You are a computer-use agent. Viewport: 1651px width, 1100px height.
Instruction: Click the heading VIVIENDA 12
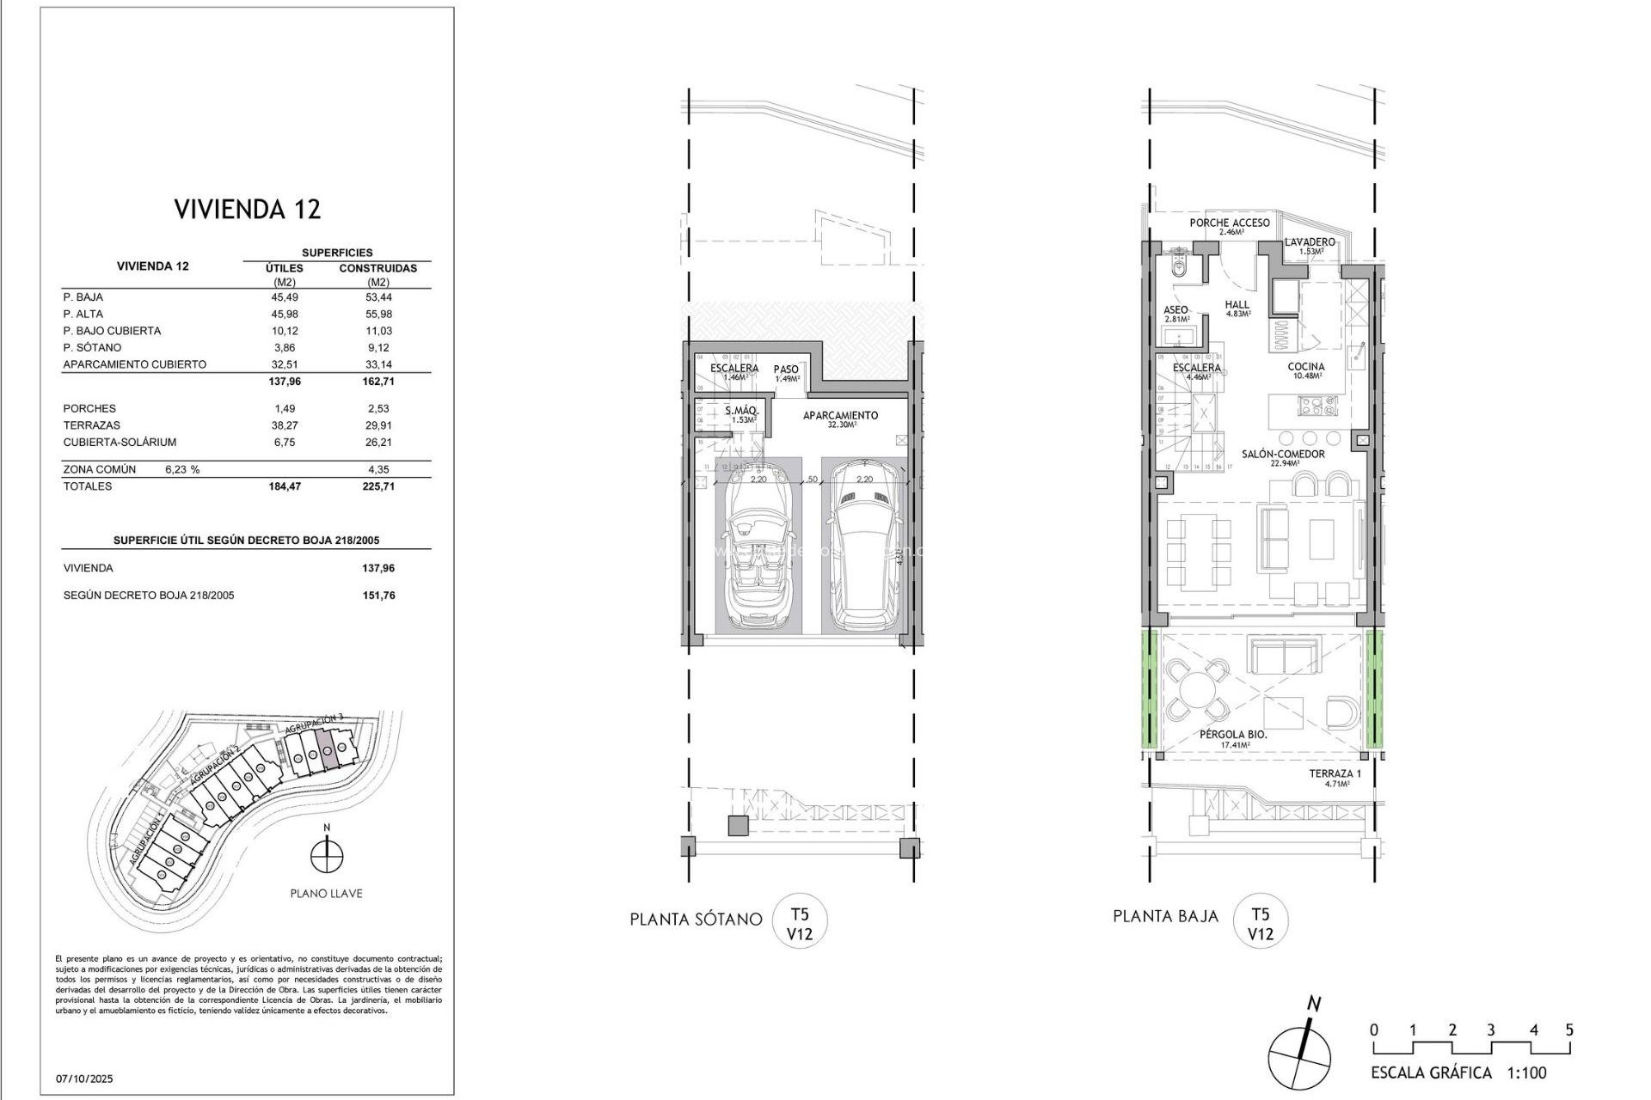[247, 210]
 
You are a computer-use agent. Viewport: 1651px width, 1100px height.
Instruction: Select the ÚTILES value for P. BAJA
[284, 297]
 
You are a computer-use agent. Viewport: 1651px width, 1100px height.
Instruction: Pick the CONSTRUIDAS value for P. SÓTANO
[378, 348]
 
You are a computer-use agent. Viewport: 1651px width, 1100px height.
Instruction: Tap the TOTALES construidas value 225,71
[378, 486]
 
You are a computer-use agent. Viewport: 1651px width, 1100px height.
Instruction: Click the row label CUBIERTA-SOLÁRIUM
[120, 443]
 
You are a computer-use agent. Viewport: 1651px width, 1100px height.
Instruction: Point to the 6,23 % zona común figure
[182, 470]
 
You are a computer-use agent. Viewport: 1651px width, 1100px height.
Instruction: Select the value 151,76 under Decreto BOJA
[378, 596]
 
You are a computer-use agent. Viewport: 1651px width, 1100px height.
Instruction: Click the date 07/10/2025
[84, 1079]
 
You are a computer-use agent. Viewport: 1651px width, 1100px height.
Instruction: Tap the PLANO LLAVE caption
[326, 894]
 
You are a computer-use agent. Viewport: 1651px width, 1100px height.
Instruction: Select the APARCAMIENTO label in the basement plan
[840, 416]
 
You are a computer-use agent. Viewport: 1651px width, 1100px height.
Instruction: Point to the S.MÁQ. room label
[740, 412]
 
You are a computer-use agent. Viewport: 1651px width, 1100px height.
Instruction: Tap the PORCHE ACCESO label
[1229, 223]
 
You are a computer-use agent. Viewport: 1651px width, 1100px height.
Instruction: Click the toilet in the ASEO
[1181, 267]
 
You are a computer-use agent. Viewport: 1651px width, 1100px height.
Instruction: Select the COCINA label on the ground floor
[1305, 367]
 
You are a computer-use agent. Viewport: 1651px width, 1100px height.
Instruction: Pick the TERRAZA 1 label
[1335, 774]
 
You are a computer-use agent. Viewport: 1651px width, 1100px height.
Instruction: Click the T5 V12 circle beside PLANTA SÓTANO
[800, 922]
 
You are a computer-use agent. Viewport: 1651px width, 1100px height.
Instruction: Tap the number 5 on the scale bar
[1569, 1030]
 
